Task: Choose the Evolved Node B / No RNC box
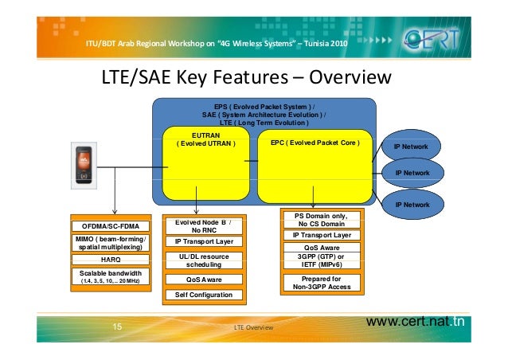203,225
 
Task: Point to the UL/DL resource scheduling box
203,260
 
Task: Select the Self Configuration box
203,295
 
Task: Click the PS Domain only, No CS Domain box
321,220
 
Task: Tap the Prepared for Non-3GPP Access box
321,283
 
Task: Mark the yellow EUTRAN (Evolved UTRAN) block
204,163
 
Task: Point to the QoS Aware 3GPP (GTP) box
321,256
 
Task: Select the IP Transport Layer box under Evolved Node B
203,241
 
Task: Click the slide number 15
117,327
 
